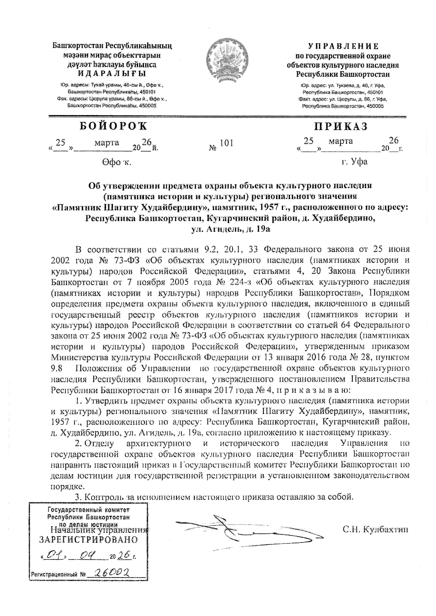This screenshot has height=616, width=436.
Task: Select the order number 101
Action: (226, 143)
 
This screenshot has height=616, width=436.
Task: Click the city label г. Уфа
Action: (354, 162)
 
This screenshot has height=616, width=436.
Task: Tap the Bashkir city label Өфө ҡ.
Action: (116, 162)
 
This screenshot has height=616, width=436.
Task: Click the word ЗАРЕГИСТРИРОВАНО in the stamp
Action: (88, 540)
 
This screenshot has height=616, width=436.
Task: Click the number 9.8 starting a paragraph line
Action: (57, 369)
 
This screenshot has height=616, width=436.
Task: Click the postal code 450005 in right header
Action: (375, 106)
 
